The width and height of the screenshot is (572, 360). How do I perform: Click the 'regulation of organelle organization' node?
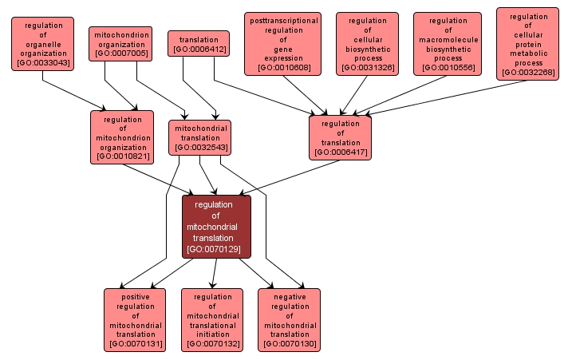(x=42, y=43)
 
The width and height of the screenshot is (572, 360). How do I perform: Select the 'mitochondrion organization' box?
(x=120, y=44)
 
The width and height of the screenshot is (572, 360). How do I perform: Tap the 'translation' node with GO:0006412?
(x=199, y=44)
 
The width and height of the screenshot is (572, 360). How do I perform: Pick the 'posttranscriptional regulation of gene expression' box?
(x=282, y=44)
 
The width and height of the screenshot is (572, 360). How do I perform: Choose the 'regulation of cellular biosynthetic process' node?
(x=367, y=44)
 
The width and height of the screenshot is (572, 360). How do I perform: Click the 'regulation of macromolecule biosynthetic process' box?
(x=448, y=44)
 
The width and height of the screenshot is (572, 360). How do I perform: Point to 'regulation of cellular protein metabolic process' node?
(x=527, y=44)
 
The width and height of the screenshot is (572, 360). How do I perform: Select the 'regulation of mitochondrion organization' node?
(x=122, y=137)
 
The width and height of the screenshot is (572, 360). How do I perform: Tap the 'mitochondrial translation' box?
(x=199, y=137)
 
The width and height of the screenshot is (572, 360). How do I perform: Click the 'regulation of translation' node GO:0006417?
(x=341, y=137)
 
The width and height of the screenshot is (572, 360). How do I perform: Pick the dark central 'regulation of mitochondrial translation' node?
(x=216, y=227)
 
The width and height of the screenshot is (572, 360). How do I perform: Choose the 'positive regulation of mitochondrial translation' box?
(x=135, y=319)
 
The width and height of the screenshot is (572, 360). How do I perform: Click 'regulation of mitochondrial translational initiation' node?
(x=212, y=319)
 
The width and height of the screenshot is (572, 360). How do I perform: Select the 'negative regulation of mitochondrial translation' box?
(x=289, y=319)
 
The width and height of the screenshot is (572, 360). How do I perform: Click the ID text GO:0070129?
(x=216, y=249)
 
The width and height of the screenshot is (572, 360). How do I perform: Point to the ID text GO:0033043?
(x=42, y=62)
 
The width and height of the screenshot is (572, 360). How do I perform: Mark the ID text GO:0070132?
(x=212, y=344)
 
